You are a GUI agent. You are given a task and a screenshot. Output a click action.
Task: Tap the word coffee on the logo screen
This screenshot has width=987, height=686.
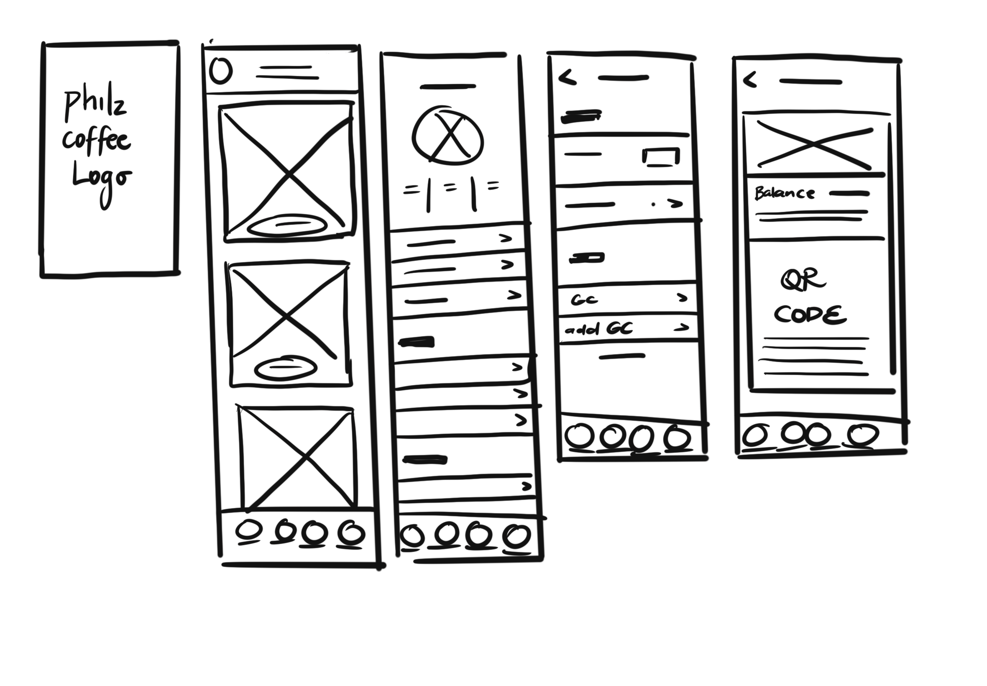pyautogui.click(x=96, y=140)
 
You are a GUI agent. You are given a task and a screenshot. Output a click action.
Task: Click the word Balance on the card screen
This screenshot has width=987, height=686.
pyautogui.click(x=784, y=193)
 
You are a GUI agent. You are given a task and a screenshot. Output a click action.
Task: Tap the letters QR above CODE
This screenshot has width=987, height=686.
pyautogui.click(x=803, y=280)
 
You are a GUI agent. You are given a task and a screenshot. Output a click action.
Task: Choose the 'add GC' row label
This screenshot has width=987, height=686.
pyautogui.click(x=598, y=330)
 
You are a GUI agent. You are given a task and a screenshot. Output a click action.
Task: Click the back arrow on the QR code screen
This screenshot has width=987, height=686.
pyautogui.click(x=749, y=80)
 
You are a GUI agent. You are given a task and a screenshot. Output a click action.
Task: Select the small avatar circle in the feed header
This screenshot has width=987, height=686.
pyautogui.click(x=221, y=71)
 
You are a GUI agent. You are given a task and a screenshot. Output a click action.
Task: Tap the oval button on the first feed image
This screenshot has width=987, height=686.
pyautogui.click(x=286, y=225)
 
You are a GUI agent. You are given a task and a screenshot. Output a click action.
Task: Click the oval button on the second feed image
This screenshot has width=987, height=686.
pyautogui.click(x=286, y=368)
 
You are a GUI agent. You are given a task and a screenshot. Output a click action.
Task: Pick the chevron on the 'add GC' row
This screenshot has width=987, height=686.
pyautogui.click(x=681, y=328)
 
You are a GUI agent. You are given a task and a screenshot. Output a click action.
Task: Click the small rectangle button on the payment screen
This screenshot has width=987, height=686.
pyautogui.click(x=661, y=156)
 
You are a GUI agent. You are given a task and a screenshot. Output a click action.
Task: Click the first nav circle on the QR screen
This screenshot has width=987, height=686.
pyautogui.click(x=755, y=435)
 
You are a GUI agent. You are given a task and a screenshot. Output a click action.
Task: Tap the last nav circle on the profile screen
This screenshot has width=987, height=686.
pyautogui.click(x=517, y=536)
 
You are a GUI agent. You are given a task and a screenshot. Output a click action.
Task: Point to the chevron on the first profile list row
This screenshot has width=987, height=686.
pyautogui.click(x=506, y=238)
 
